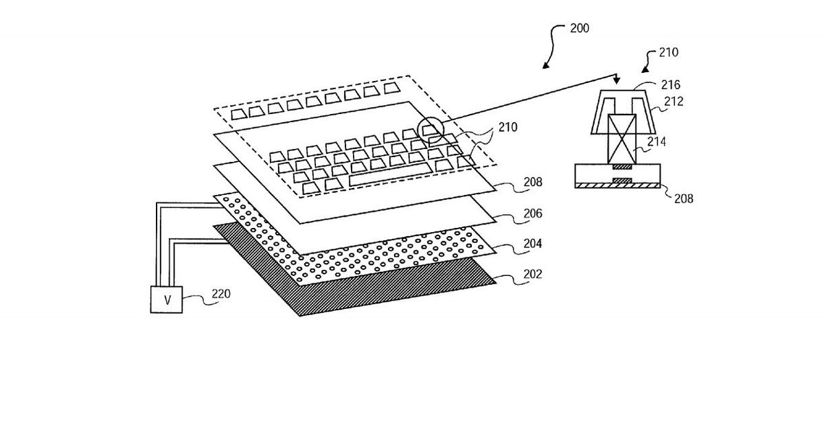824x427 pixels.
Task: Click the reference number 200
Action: [579, 29]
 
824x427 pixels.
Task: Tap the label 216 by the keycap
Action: [670, 85]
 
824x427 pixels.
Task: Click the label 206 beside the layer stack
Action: [532, 214]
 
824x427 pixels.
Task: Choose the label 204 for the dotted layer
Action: [532, 244]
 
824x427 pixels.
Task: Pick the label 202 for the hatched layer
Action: [532, 274]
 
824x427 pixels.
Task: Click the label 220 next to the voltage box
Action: [221, 294]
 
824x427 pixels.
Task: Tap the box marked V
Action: [166, 299]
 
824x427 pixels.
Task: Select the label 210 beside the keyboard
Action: [509, 127]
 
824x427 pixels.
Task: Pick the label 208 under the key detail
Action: [683, 199]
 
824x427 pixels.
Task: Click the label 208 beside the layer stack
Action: [532, 183]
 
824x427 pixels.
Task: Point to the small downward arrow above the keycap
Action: [616, 80]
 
